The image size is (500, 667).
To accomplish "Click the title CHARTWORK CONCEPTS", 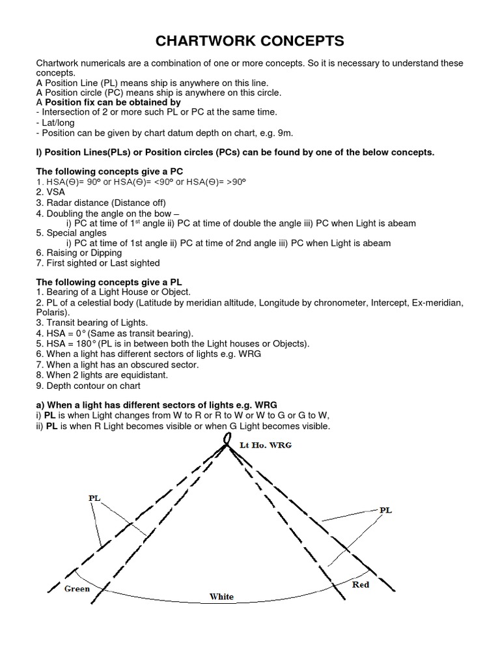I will point(250,41).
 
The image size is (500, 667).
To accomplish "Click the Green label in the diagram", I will point(77,589).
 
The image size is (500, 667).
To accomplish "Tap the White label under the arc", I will point(221,597).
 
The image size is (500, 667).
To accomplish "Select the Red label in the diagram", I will point(361,584).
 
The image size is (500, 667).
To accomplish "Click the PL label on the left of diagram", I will point(94,497).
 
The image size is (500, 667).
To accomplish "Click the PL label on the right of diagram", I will point(385,511).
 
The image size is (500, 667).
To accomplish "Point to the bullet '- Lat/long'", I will point(58,122).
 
